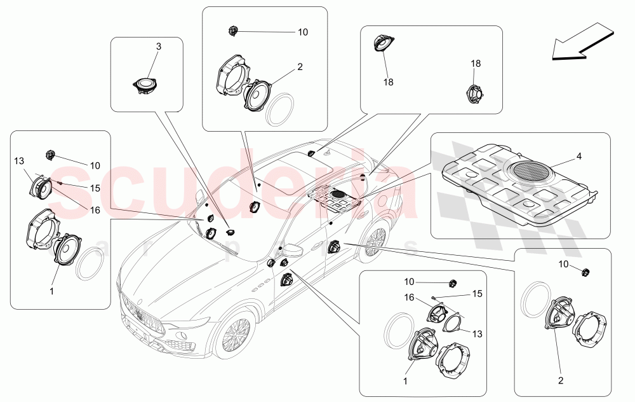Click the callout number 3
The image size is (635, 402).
coord(159,46)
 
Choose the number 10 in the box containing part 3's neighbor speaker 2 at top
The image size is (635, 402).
coord(303,32)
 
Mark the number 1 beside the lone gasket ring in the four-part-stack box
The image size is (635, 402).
coord(51,291)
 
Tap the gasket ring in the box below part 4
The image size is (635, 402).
coord(532,300)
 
